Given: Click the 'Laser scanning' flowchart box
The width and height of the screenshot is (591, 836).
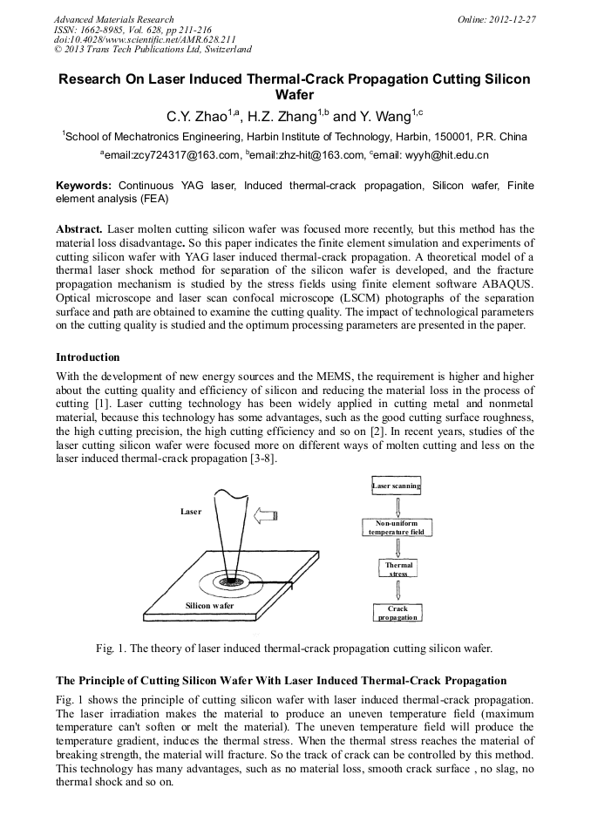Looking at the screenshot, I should [x=397, y=486].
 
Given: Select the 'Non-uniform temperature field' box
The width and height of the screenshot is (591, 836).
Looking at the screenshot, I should [x=396, y=527].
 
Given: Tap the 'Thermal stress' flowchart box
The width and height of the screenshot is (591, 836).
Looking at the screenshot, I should [x=398, y=569].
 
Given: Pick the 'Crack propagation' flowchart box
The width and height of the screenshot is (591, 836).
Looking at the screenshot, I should [x=397, y=613].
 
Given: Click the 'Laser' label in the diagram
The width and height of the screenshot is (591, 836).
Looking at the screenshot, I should [x=191, y=512].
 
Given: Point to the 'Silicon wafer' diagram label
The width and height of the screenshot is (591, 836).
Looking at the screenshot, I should [x=209, y=604].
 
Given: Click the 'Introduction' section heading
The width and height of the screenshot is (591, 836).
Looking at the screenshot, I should [x=88, y=357].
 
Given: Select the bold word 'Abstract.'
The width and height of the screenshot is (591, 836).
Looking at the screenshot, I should [x=79, y=228].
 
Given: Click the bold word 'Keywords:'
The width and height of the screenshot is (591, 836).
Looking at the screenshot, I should [x=84, y=186].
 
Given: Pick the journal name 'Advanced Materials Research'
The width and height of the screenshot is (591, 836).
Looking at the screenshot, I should [x=113, y=19].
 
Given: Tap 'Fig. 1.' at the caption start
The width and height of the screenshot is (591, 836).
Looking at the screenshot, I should [x=111, y=648].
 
